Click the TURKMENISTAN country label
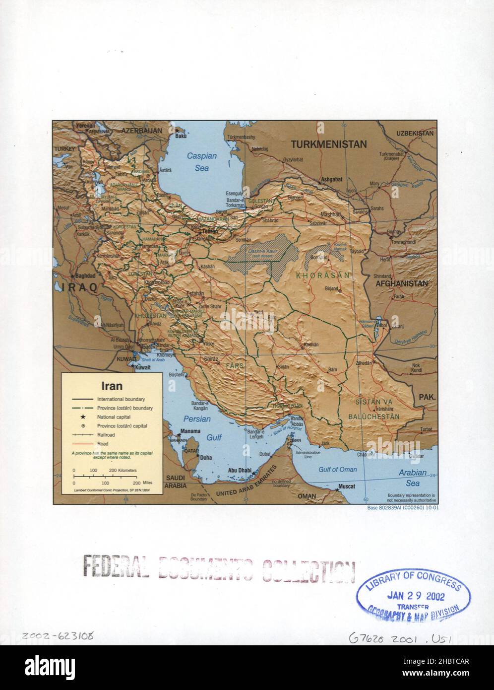328,144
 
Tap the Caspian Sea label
202,162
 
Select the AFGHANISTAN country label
402,283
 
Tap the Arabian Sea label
412,478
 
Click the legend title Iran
112,385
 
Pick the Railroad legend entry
107,435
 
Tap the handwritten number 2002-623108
58,636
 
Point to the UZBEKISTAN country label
415,133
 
